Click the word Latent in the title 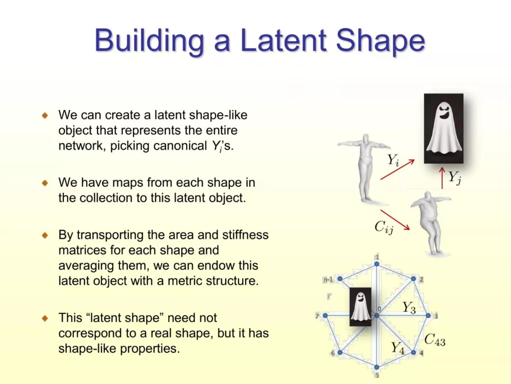coord(283,40)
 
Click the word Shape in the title coord(380,41)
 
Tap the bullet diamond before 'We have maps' coord(45,183)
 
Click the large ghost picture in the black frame coord(443,128)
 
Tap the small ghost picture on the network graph coord(360,307)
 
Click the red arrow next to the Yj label coord(442,178)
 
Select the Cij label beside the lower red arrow coord(384,227)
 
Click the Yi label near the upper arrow coord(393,160)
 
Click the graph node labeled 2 coord(413,279)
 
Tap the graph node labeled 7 coord(325,316)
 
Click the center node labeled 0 coord(377,315)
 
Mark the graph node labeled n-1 coord(340,279)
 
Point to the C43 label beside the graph coord(435,340)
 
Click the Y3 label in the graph coord(409,308)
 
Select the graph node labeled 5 coord(377,367)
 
